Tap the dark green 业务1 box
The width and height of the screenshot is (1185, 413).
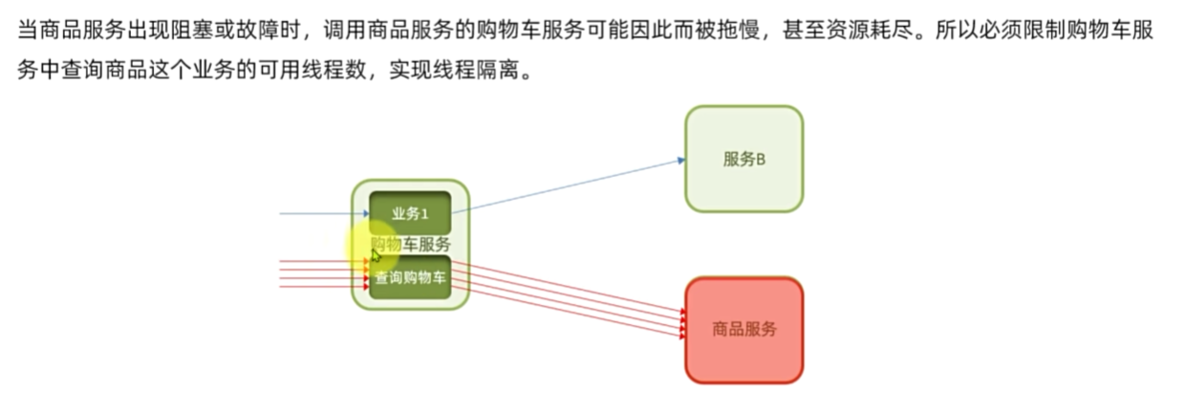[x=410, y=213]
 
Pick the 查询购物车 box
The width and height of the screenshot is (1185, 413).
[x=410, y=278]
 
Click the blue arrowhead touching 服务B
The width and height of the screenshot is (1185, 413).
[x=679, y=160]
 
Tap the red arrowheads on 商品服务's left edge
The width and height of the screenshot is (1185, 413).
[x=682, y=323]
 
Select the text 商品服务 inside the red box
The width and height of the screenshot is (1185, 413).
[x=743, y=330]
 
